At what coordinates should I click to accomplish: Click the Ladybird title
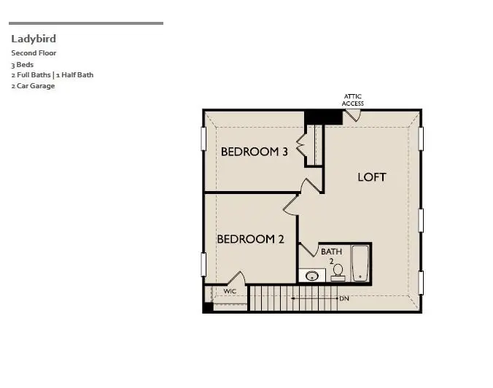(x=34, y=39)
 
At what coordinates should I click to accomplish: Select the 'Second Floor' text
(x=34, y=53)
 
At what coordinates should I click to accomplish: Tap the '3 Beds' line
(x=23, y=64)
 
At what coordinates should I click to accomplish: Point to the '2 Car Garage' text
(x=33, y=85)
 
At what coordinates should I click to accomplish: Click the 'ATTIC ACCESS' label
(x=353, y=100)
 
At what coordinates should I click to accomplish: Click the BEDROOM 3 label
(x=255, y=152)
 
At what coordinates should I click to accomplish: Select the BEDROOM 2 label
(x=250, y=238)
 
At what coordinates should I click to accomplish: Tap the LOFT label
(x=372, y=176)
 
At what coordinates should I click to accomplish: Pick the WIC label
(x=230, y=291)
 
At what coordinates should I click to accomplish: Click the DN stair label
(x=343, y=298)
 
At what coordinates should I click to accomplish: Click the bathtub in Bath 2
(x=360, y=263)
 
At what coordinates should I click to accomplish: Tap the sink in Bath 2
(x=313, y=276)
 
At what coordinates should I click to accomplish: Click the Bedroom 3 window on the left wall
(x=203, y=139)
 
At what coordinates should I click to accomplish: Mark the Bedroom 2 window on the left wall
(x=203, y=263)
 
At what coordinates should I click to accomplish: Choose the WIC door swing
(x=236, y=279)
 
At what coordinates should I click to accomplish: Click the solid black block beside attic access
(x=322, y=117)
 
